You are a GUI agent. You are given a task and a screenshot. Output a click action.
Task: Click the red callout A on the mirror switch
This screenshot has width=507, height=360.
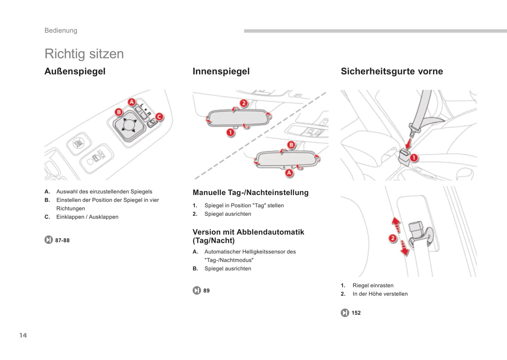point(132,102)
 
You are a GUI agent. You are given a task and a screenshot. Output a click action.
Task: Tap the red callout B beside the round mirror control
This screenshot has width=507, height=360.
point(119,112)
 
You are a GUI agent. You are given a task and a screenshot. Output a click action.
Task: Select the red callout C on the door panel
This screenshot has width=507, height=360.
point(159,117)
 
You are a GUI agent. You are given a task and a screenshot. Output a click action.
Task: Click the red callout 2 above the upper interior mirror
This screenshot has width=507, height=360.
point(244,103)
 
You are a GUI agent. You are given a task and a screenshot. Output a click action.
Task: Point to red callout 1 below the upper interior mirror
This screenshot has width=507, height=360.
point(230,132)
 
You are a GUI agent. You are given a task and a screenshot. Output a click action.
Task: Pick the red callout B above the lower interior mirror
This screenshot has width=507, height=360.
point(291,145)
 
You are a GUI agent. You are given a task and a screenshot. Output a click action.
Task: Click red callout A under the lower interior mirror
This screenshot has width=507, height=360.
point(289,173)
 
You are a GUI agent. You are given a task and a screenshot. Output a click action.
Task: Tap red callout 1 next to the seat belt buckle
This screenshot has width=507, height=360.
point(414,158)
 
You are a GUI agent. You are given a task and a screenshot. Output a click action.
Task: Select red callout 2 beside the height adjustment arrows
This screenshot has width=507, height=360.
point(393,239)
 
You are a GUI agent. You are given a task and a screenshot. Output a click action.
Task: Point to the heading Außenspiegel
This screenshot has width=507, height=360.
point(75,71)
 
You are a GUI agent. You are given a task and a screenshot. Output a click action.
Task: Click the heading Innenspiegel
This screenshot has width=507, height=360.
point(221,71)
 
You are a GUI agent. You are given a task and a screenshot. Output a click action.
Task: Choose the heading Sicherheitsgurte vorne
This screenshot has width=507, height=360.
point(392,71)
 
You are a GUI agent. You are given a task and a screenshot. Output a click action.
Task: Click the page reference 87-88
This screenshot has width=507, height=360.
point(62,240)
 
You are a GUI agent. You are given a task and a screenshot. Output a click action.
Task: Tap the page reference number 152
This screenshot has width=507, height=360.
point(356,313)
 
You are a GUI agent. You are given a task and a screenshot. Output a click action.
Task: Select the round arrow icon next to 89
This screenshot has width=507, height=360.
point(197,291)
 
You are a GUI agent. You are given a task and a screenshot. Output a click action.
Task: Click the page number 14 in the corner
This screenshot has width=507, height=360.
point(23,335)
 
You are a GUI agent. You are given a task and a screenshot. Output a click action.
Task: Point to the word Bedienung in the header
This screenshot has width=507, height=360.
point(61,31)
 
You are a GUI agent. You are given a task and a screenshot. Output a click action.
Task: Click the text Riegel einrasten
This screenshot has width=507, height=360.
point(373,286)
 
